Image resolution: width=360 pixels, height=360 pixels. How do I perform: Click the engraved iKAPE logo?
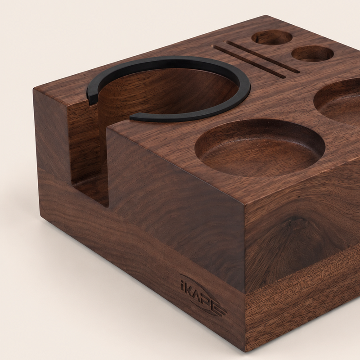coord(203,296)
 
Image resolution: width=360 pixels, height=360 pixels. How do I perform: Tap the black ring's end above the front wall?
coord(133,117)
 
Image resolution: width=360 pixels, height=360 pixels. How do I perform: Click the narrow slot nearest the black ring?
coord(250,62)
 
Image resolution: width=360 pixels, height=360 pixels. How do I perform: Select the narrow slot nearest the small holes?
coord(262,58)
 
